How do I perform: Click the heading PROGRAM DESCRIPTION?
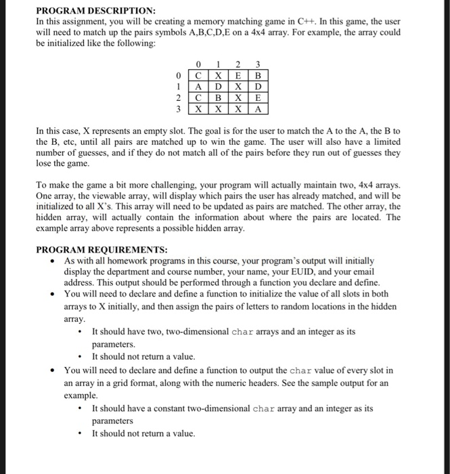coord(95,12)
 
